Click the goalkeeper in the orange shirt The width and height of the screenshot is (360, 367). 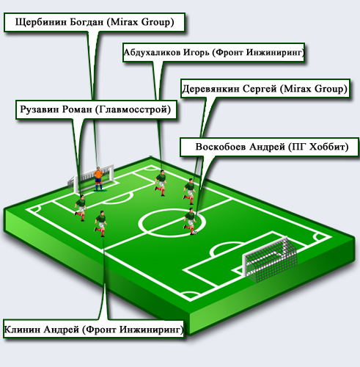(98, 179)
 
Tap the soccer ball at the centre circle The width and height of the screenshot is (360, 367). (195, 233)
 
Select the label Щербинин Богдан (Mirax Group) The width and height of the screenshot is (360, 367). (95, 22)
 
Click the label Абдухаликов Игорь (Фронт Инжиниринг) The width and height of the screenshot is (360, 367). (214, 53)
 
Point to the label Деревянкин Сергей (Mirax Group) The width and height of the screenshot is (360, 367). (265, 89)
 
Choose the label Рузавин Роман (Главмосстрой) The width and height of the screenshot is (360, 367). (96, 109)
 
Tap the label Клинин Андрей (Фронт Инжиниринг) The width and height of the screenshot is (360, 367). (93, 330)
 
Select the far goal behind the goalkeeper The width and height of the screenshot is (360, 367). (90, 178)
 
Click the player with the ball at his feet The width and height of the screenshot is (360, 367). (190, 222)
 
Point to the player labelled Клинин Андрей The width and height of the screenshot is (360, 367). (100, 224)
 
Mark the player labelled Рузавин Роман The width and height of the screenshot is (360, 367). (81, 208)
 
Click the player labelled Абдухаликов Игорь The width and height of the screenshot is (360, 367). (161, 183)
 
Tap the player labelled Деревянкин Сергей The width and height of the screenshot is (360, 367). (189, 192)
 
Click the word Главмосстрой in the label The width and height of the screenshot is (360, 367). (133, 109)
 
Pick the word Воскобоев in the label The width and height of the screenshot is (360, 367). (221, 147)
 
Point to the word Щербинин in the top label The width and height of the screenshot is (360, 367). (41, 22)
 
